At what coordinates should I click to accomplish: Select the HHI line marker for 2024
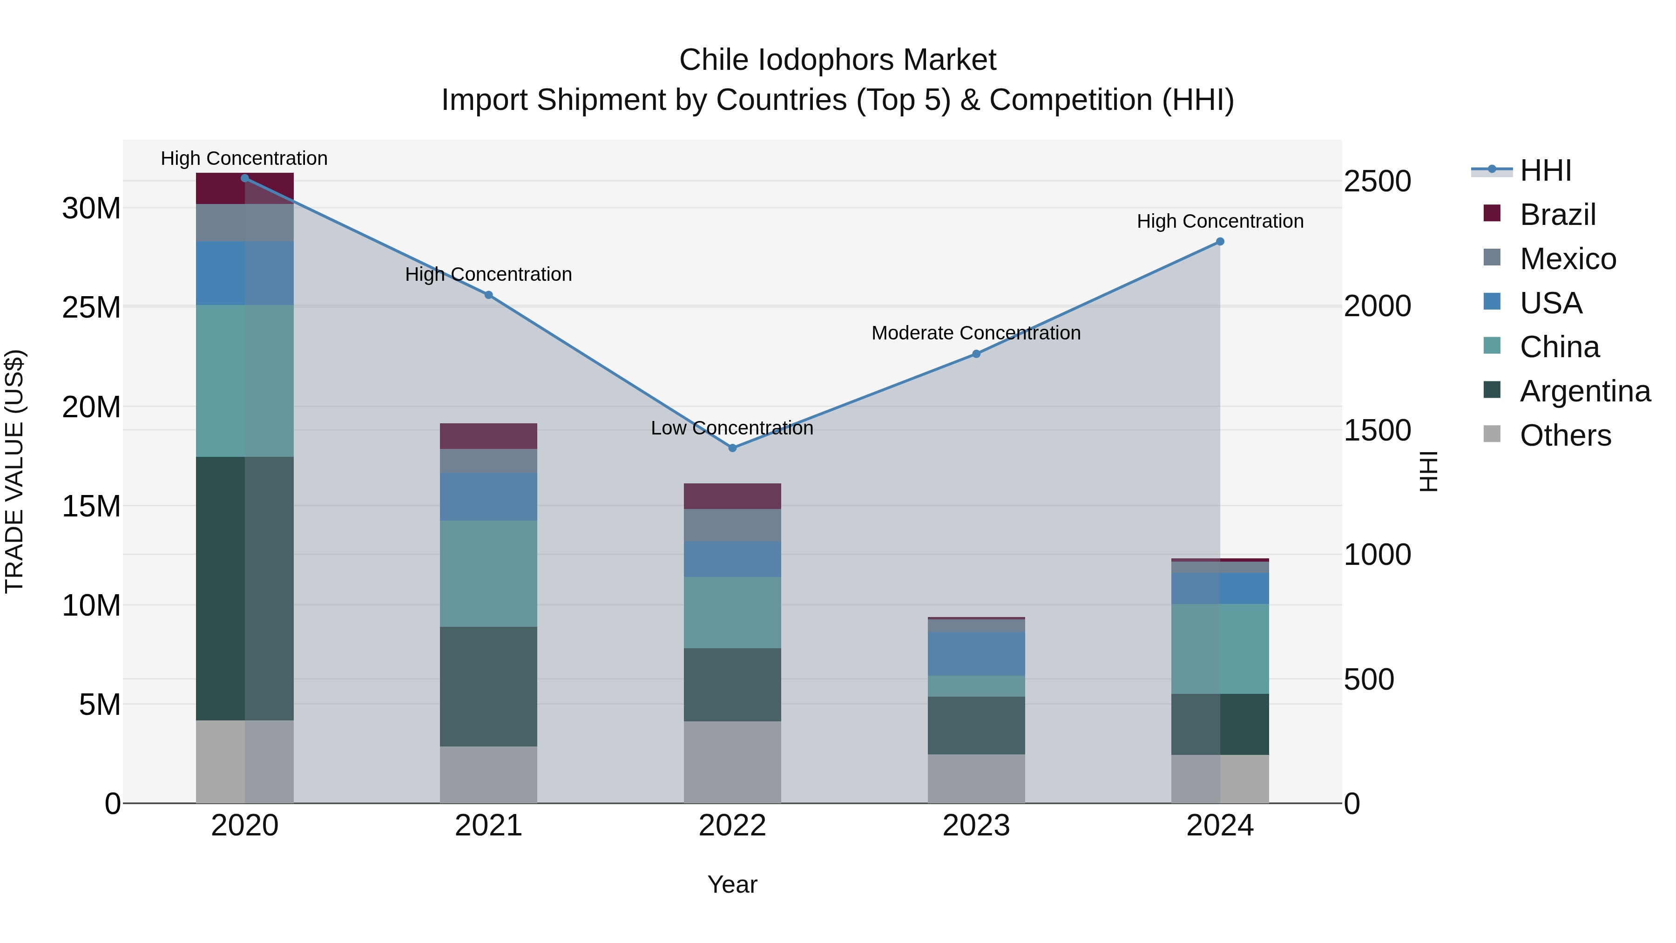(1220, 241)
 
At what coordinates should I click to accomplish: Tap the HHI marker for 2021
(489, 295)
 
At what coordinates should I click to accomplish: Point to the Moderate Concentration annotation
(976, 333)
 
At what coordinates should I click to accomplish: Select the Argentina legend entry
(1584, 391)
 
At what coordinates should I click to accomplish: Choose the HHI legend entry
(1545, 170)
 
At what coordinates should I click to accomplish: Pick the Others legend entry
(1565, 435)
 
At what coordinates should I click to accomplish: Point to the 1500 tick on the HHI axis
(1378, 430)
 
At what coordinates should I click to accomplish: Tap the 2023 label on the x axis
(976, 826)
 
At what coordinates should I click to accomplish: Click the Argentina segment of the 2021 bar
(489, 686)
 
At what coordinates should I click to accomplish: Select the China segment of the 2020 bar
(244, 381)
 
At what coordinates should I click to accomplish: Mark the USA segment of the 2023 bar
(976, 653)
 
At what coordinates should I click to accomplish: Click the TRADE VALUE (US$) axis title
(14, 471)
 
